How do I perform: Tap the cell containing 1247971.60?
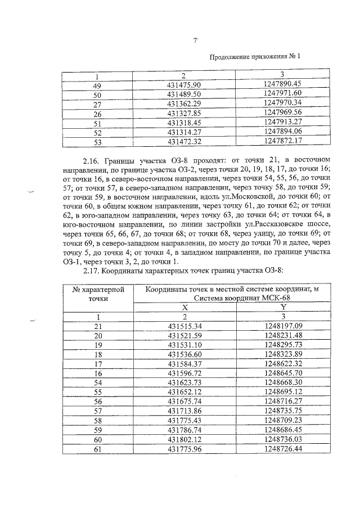[x=282, y=93]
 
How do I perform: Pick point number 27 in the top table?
[x=96, y=103]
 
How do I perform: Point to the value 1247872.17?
[x=282, y=140]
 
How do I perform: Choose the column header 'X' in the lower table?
[x=184, y=307]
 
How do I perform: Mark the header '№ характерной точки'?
[x=94, y=294]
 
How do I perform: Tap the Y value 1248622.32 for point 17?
[x=282, y=363]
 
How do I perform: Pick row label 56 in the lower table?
[x=97, y=402]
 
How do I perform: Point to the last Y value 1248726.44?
[x=282, y=449]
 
